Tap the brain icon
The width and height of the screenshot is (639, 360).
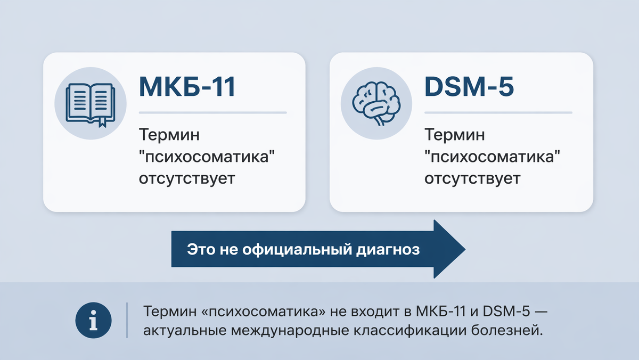pos(376,103)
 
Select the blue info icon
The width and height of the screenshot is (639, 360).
pos(93,321)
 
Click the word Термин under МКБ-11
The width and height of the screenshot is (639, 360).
pos(169,135)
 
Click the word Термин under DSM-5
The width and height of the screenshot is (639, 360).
pos(454,135)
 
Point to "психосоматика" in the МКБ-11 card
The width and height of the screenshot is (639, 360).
pos(209,157)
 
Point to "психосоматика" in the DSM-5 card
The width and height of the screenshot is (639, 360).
pos(495,157)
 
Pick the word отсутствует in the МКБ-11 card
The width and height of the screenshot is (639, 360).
pos(186,178)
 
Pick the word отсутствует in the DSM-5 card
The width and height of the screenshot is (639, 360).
pos(472,178)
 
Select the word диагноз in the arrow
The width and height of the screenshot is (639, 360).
pos(394,249)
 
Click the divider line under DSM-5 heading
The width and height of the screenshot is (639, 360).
pos(498,113)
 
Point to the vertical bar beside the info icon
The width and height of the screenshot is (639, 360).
pos(127,321)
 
